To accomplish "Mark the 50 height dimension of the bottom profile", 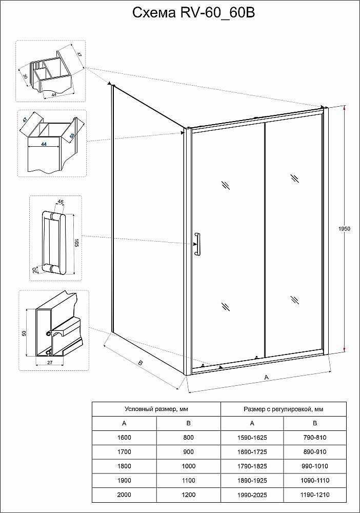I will (24, 333).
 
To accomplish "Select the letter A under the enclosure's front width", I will (266, 377).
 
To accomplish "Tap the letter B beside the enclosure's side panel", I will (139, 363).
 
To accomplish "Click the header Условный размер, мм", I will (156, 409).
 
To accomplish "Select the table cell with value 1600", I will (124, 437).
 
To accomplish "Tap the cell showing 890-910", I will (315, 451).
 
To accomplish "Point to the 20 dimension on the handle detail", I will (35, 270).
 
